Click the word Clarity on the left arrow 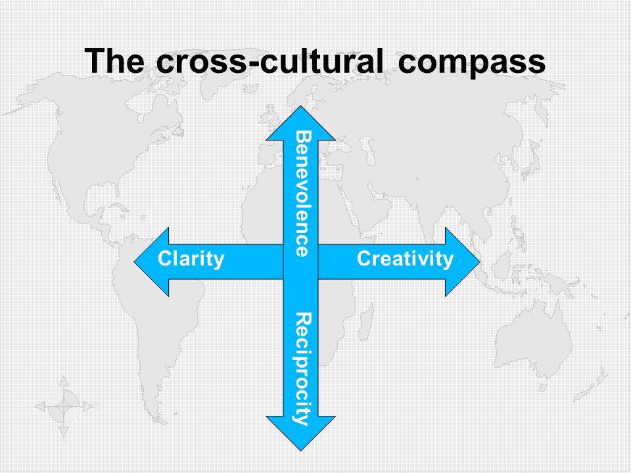tap(191, 259)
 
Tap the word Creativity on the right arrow tap(406, 259)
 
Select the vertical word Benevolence tap(302, 193)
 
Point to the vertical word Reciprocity tap(302, 369)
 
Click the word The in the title tap(114, 60)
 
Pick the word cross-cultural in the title tap(269, 60)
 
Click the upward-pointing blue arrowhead tap(300, 123)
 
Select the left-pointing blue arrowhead tap(151, 262)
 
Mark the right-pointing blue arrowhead tap(463, 262)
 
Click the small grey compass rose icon tap(64, 407)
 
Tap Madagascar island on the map tap(366, 323)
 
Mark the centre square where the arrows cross tap(300, 262)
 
